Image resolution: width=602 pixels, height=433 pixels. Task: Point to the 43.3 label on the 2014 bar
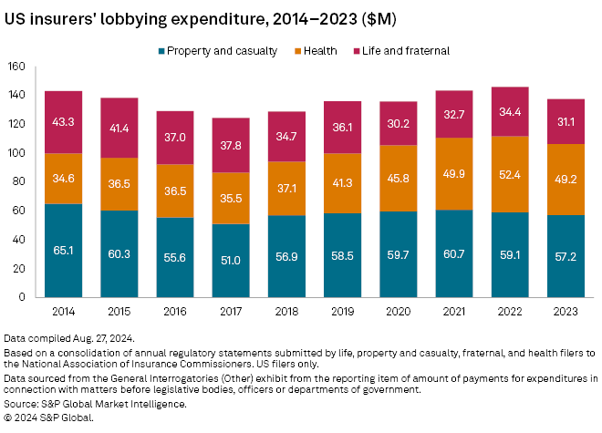tap(63, 122)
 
